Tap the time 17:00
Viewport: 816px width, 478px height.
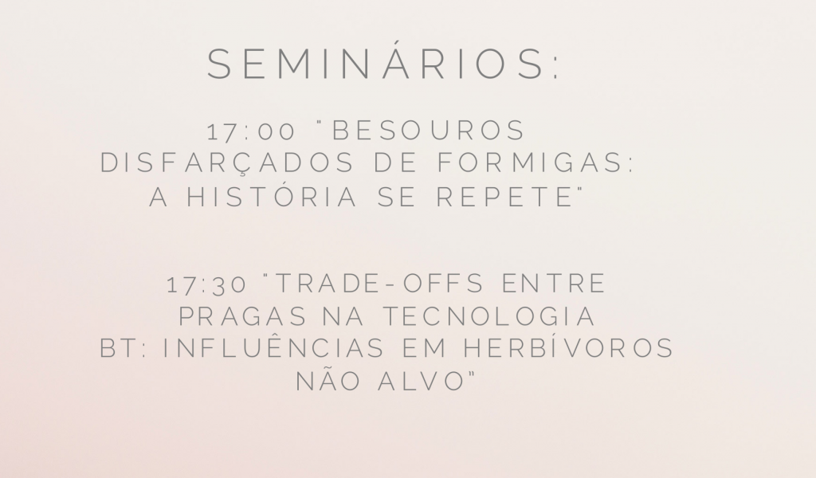tap(251, 131)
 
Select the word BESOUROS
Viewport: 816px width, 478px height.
tap(429, 131)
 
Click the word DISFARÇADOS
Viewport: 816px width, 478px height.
tap(227, 163)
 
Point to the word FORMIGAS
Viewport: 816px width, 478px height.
tap(536, 163)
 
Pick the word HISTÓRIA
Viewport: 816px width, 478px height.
tap(273, 197)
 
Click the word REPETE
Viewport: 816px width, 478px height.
tap(504, 197)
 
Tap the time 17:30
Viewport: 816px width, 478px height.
tap(207, 284)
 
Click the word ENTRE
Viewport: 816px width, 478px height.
tap(554, 284)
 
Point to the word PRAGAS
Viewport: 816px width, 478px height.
tap(243, 317)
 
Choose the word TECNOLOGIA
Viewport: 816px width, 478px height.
tap(489, 317)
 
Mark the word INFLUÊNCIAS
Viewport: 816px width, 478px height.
tap(274, 347)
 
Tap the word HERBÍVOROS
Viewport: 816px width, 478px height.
tap(569, 348)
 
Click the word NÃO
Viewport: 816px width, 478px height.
tap(328, 380)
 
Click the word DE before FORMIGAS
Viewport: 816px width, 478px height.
tap(395, 163)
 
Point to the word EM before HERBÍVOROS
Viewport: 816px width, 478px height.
tap(424, 349)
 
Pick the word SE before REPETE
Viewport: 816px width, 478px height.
tap(397, 197)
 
